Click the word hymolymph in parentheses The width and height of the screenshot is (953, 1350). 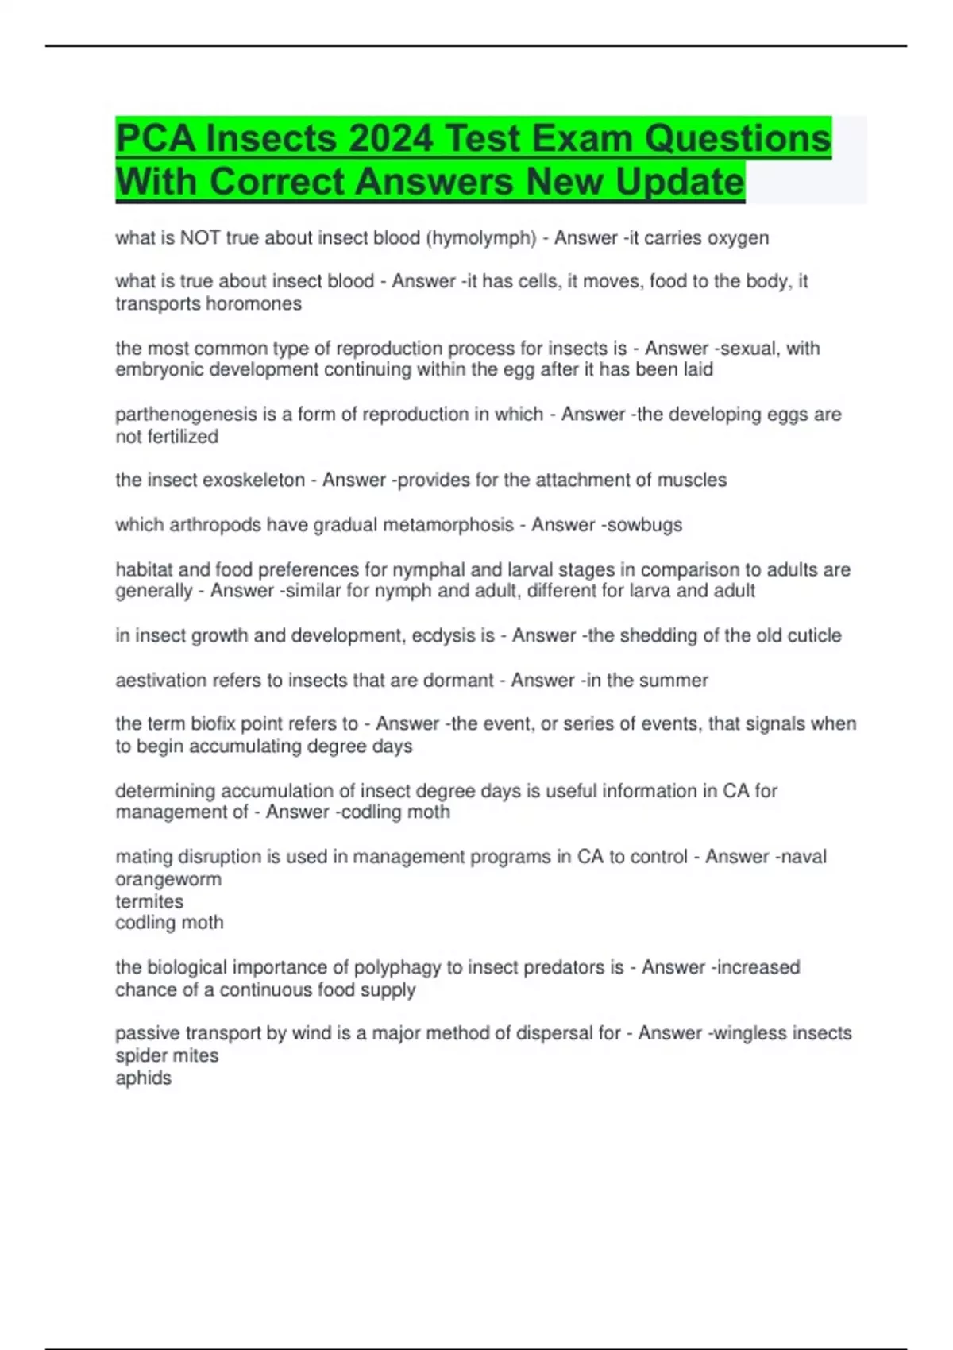[481, 237]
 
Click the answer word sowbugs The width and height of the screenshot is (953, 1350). [644, 524]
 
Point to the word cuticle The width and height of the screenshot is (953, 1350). [811, 635]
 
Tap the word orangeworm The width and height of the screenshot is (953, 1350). [168, 879]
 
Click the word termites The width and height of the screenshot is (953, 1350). [149, 901]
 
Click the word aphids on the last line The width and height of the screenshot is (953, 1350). [143, 1078]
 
